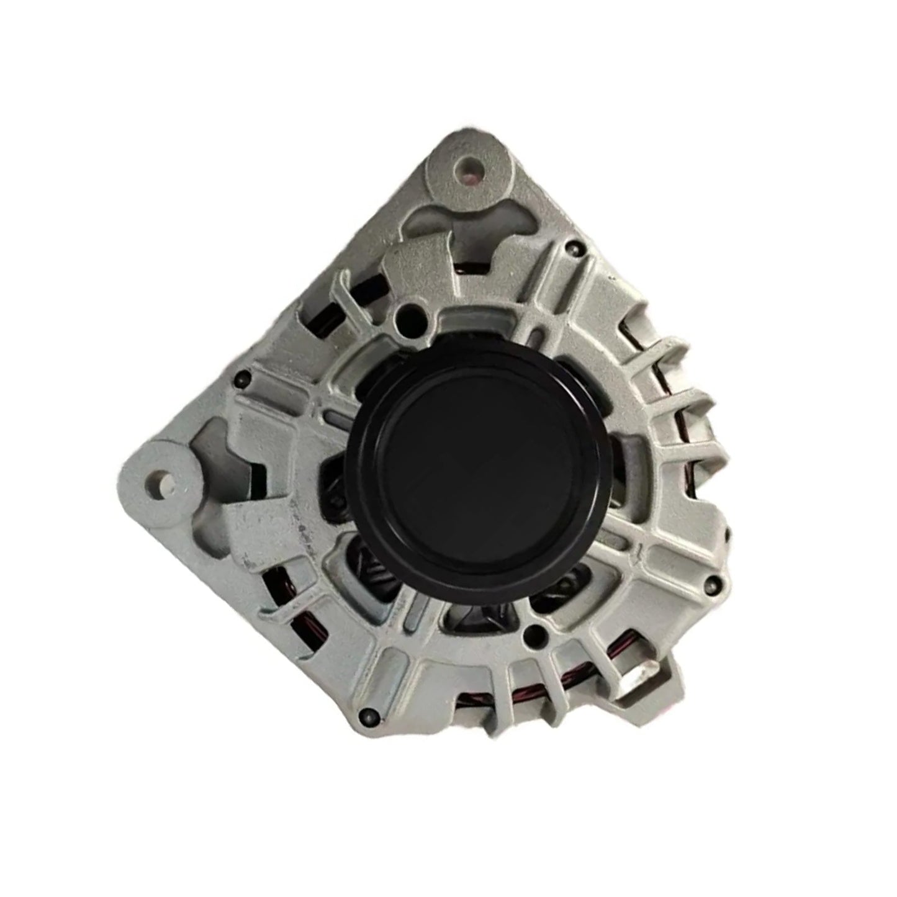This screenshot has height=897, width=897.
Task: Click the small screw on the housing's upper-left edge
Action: (x=242, y=376)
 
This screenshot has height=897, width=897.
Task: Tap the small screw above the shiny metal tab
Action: (x=718, y=582)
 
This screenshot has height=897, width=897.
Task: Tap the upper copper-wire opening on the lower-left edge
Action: (x=273, y=584)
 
